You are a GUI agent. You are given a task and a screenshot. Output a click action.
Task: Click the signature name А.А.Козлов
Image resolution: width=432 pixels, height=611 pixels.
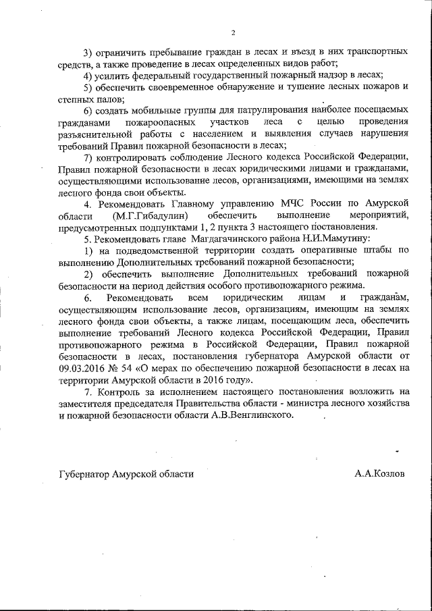[380, 473]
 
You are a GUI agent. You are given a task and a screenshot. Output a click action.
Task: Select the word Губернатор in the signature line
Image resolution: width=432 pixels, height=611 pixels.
[87, 473]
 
